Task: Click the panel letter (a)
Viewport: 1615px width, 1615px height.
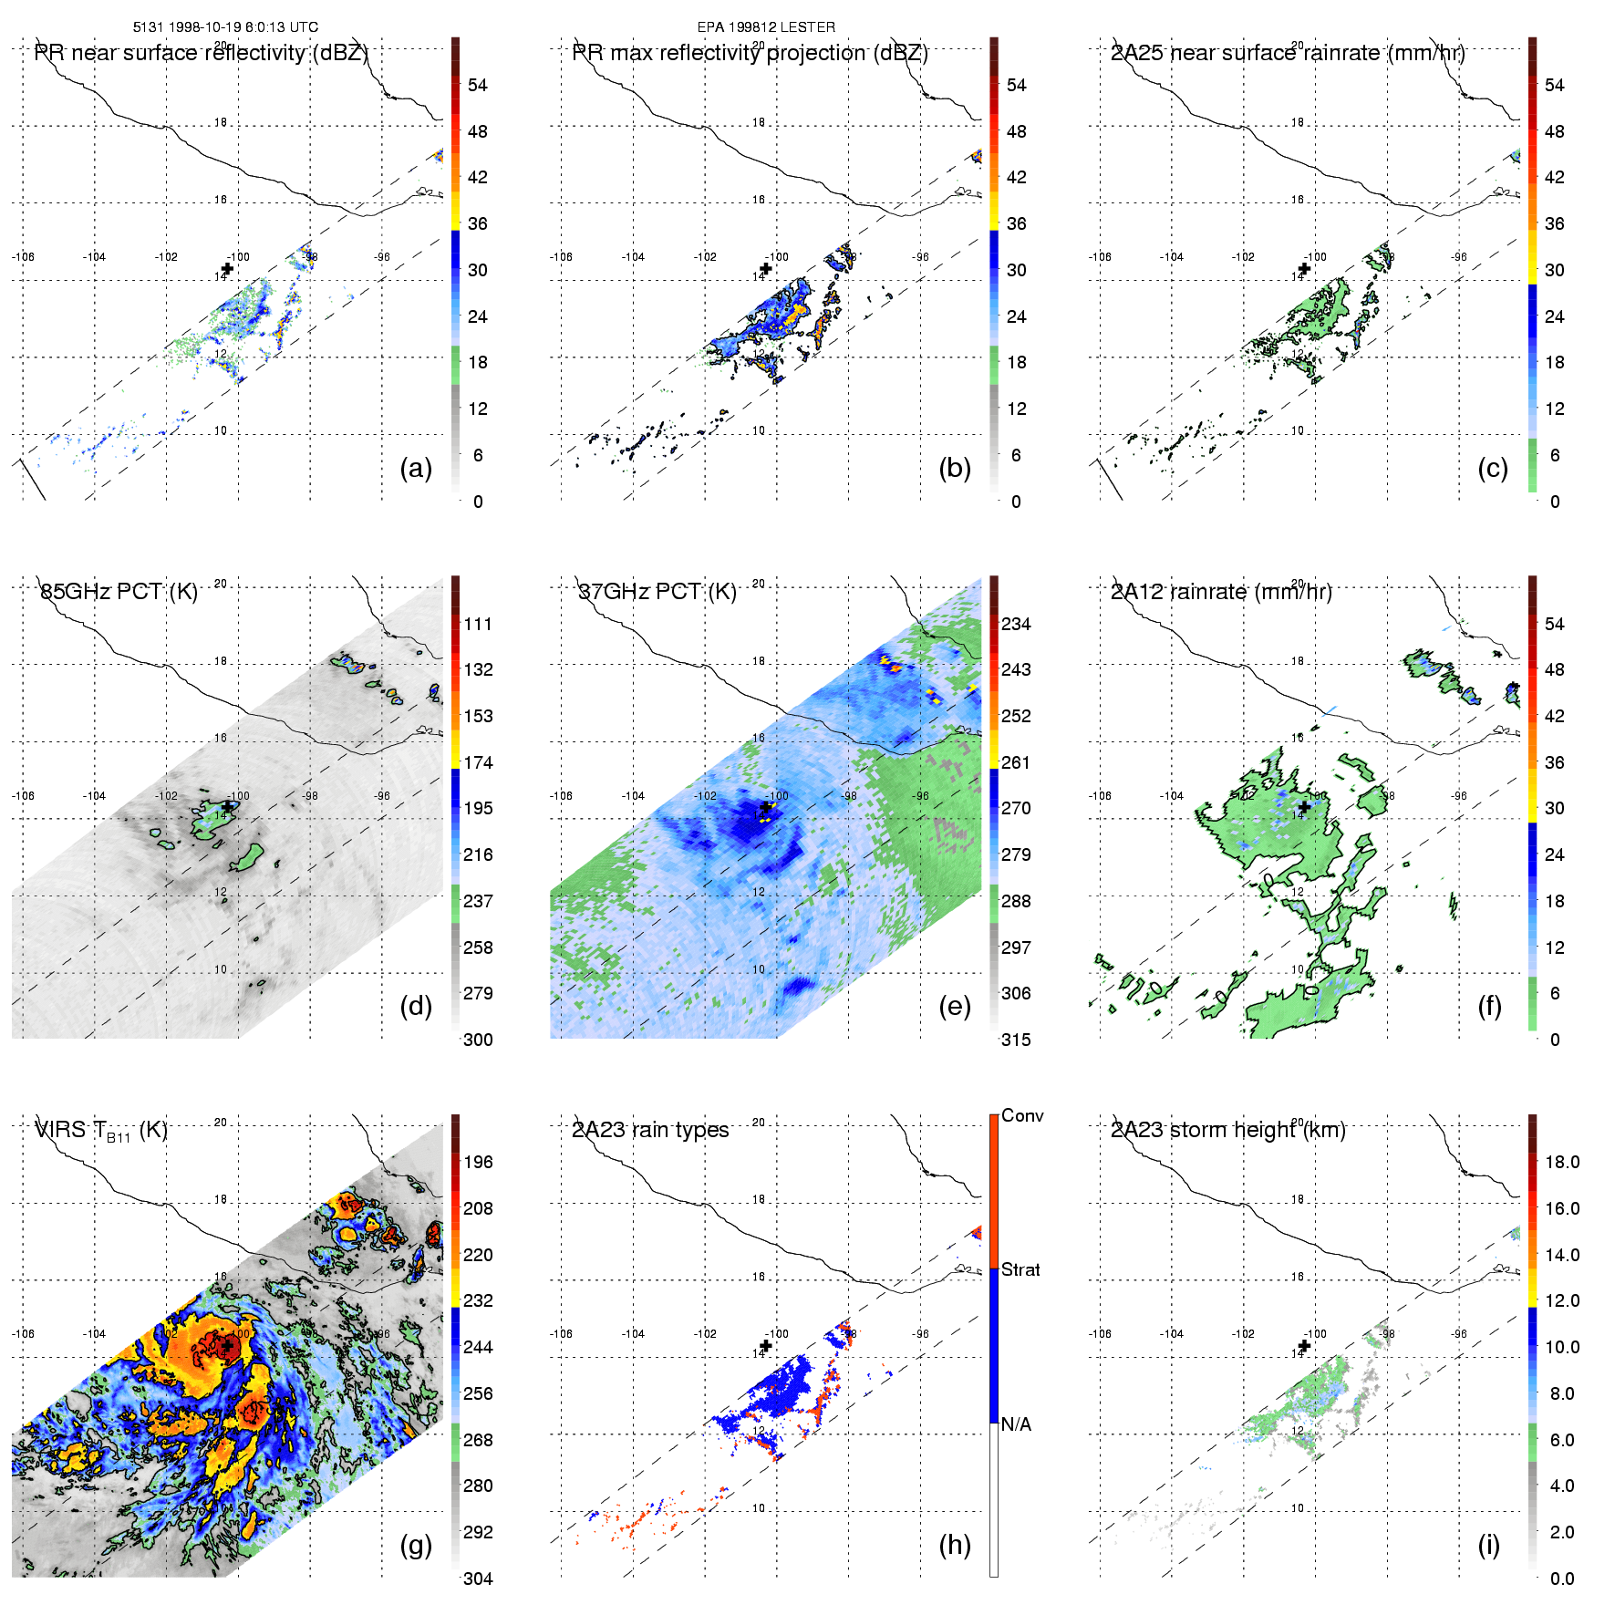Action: [x=416, y=469]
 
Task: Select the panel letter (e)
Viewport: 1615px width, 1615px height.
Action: [x=954, y=1007]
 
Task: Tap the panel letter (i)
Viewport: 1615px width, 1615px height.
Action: [x=1488, y=1545]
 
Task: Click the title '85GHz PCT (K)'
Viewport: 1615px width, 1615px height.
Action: [x=119, y=592]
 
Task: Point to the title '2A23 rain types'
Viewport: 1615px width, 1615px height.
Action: [x=650, y=1130]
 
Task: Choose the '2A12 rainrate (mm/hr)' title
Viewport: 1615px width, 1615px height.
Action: [x=1221, y=592]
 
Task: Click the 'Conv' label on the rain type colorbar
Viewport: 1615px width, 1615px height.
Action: [x=1022, y=1115]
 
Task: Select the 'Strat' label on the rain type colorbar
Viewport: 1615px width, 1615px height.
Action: [x=1020, y=1269]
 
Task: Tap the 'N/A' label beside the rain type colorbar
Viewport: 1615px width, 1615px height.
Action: [x=1016, y=1424]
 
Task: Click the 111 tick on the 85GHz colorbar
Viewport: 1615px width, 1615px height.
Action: [x=478, y=624]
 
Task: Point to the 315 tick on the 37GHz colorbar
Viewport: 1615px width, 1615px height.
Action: [x=1016, y=1040]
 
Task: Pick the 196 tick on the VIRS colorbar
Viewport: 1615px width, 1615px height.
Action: [x=478, y=1162]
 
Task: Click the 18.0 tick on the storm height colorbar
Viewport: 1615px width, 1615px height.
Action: [x=1562, y=1162]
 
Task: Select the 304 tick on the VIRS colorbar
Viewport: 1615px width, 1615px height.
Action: [x=478, y=1579]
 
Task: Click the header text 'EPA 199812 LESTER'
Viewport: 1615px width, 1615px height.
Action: [x=766, y=27]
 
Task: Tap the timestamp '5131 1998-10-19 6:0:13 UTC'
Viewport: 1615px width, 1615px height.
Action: [x=225, y=27]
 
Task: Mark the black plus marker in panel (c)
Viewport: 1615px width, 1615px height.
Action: [x=1304, y=268]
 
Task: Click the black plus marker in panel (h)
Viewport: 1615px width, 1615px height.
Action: [x=766, y=1345]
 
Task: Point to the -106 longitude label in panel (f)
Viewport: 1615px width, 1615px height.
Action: [x=1100, y=796]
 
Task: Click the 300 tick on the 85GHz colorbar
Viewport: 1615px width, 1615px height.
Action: [x=478, y=1040]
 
